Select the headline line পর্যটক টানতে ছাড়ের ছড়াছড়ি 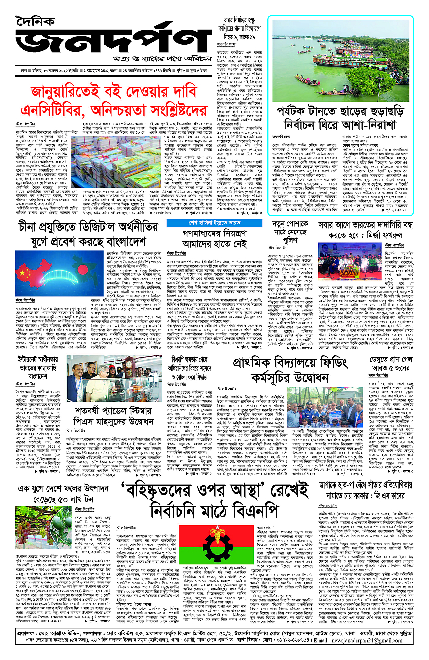point(340,112)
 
